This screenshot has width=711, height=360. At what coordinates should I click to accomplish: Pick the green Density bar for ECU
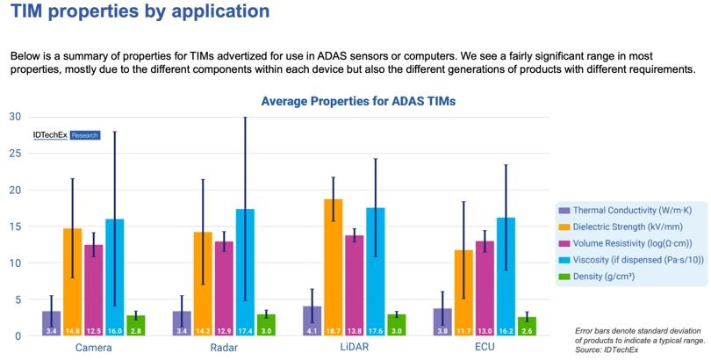tap(527, 326)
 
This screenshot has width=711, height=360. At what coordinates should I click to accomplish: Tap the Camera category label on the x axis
tap(93, 348)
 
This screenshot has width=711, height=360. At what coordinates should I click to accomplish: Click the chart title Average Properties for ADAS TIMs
tap(358, 101)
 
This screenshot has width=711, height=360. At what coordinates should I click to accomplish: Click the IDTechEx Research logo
tap(66, 135)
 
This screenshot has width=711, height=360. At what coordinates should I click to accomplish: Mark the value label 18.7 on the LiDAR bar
tap(333, 330)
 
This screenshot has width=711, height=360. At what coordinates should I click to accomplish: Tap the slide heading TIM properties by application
tap(140, 12)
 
